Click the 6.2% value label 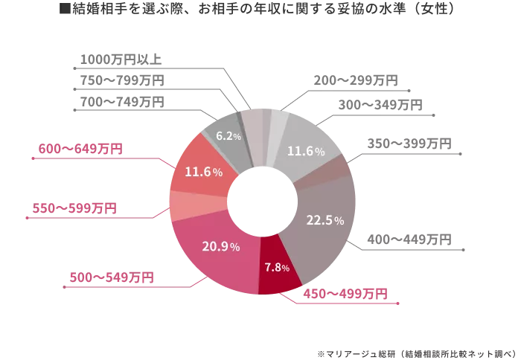(228, 136)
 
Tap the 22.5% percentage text (325, 220)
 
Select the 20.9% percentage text (221, 246)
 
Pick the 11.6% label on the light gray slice (306, 151)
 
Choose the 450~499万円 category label (343, 295)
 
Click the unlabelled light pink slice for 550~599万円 (184, 205)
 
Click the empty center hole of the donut (262, 202)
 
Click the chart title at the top (261, 9)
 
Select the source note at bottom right (417, 348)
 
